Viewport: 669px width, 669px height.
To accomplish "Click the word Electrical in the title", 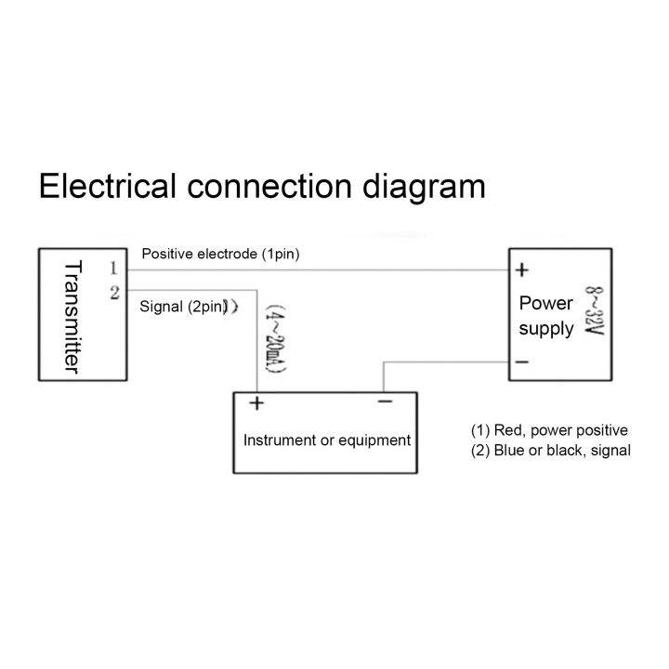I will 107,186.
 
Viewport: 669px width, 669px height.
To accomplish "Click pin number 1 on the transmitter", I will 113,269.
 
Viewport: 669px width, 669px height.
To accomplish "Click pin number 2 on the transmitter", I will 113,293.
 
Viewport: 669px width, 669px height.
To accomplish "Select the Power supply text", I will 545,316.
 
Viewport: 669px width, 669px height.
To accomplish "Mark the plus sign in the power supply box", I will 522,270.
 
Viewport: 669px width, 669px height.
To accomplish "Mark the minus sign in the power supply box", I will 522,362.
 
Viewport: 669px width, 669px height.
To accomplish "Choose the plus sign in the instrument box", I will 256,403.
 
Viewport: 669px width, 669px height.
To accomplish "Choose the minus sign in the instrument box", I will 385,402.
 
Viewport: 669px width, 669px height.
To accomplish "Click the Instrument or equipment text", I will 326,439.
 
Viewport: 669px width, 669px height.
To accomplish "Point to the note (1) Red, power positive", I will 550,430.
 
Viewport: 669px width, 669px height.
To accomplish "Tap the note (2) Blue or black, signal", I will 551,451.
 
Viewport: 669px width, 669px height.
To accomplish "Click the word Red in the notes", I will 507,430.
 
